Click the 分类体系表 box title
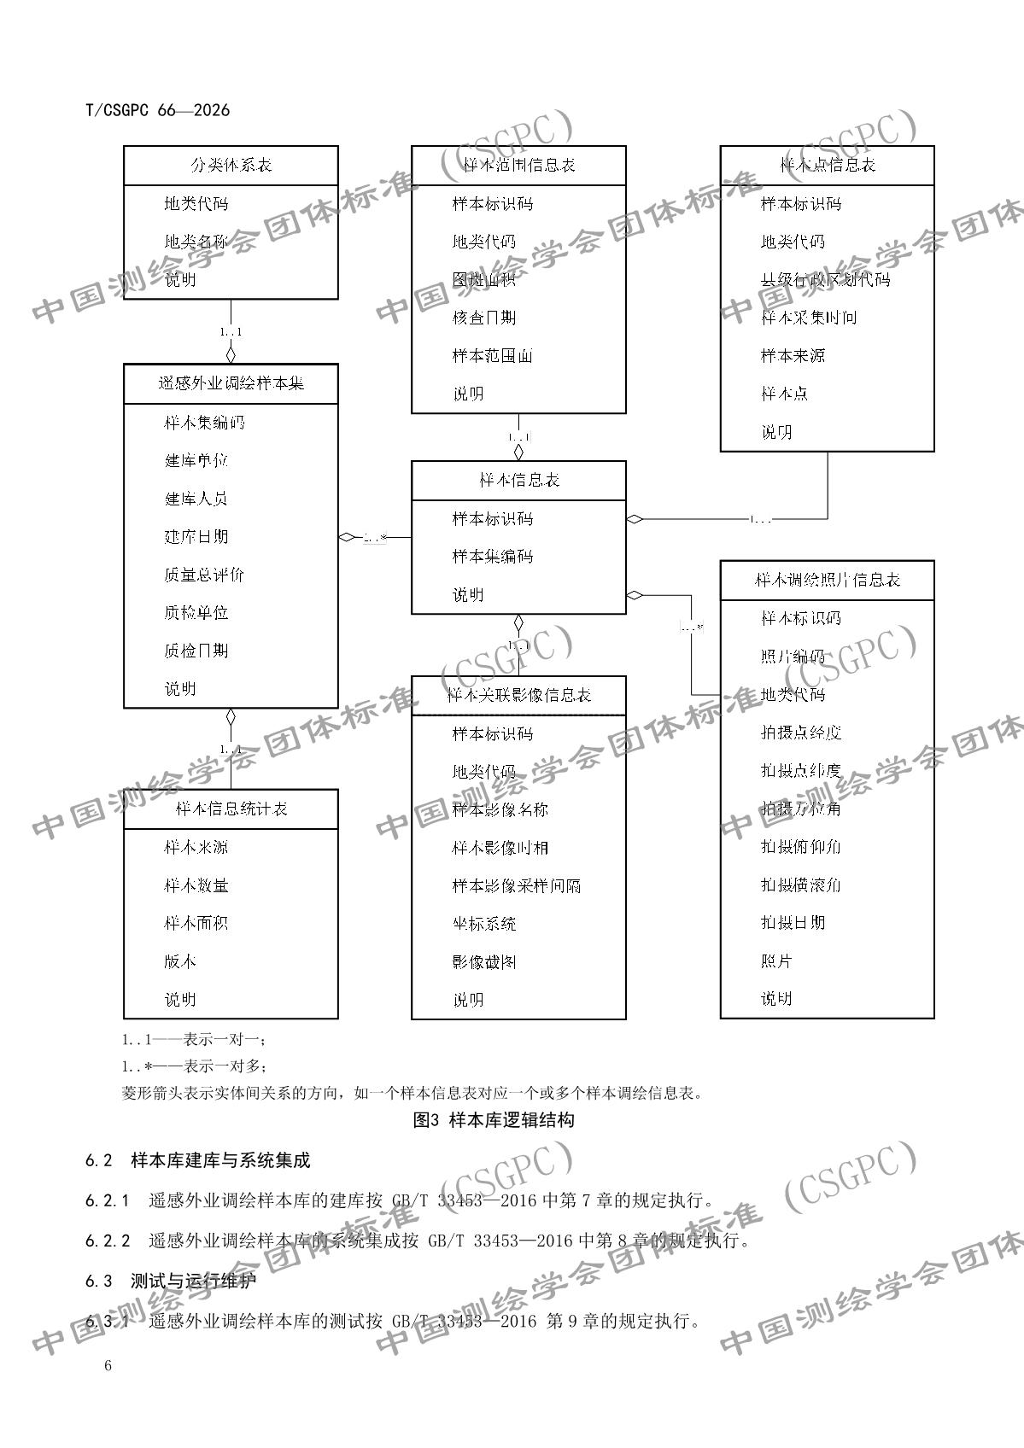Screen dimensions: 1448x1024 pos(231,166)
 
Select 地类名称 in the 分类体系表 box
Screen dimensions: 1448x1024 pos(196,242)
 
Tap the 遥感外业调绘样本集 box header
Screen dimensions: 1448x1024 pos(231,383)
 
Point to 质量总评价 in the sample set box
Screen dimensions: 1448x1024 pos(204,575)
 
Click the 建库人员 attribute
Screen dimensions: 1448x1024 pos(196,499)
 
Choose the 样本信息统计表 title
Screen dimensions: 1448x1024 pos(231,809)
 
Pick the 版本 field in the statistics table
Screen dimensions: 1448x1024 pos(180,961)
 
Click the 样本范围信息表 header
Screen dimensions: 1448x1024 pos(518,166)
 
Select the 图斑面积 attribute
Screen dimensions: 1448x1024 pos(484,279)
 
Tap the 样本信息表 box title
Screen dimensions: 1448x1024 pos(518,480)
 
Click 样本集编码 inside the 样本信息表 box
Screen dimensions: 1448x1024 pos(493,557)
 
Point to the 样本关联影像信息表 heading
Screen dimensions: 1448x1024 pos(518,695)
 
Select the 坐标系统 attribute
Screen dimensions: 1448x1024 pos(484,924)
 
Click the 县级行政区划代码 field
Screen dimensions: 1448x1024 pos(825,279)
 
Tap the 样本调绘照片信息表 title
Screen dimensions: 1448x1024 pos(827,580)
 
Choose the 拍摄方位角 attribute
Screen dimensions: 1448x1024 pos(801,809)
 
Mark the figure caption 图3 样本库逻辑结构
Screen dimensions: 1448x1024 pos(494,1119)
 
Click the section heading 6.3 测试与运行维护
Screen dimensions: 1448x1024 pos(170,1281)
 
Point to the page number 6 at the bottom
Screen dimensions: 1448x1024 pos(108,1366)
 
